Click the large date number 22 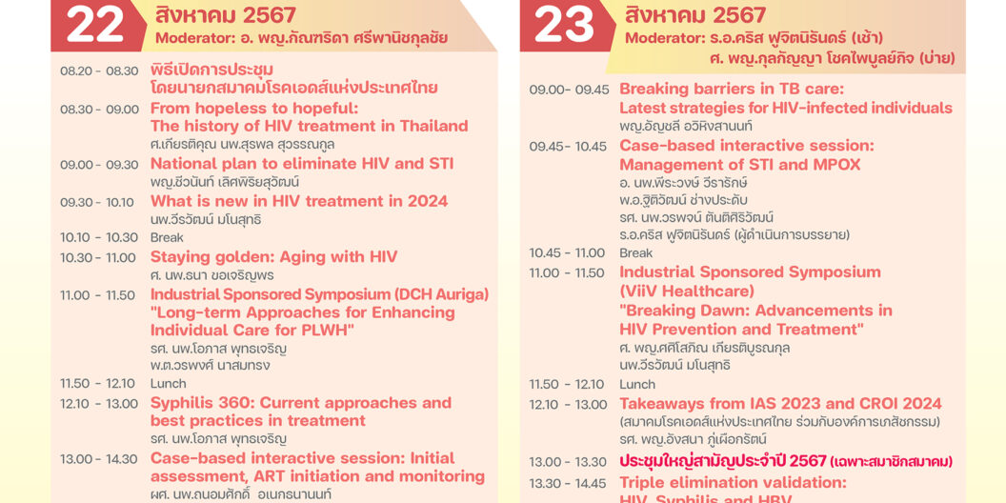pyautogui.click(x=95, y=26)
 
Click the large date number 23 pyautogui.click(x=564, y=26)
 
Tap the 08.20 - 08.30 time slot pyautogui.click(x=99, y=71)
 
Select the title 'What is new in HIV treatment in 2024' pyautogui.click(x=299, y=201)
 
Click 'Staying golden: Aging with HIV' pyautogui.click(x=273, y=257)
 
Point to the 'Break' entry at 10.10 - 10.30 pyautogui.click(x=167, y=238)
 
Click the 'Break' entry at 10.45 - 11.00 pyautogui.click(x=636, y=253)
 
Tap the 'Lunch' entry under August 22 pyautogui.click(x=169, y=384)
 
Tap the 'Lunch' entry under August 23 pyautogui.click(x=637, y=385)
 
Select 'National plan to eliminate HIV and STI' pyautogui.click(x=302, y=164)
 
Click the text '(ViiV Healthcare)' pyautogui.click(x=687, y=291)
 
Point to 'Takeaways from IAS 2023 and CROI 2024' pyautogui.click(x=780, y=404)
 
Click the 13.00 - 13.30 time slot pyautogui.click(x=568, y=463)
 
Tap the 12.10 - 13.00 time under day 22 pyautogui.click(x=99, y=403)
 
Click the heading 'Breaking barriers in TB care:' pyautogui.click(x=732, y=90)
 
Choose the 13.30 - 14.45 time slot pyautogui.click(x=568, y=484)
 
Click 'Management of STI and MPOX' pyautogui.click(x=739, y=165)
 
